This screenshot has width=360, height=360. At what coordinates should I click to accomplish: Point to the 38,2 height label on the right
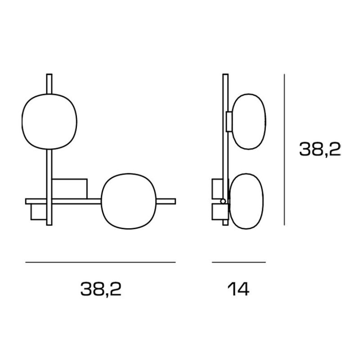point(320,149)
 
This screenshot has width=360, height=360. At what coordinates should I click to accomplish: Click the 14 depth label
point(238,289)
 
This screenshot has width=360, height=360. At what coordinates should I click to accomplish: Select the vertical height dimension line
point(284,149)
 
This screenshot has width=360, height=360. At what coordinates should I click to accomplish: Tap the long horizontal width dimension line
point(100,262)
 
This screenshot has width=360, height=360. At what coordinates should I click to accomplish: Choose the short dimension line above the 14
point(239,262)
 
